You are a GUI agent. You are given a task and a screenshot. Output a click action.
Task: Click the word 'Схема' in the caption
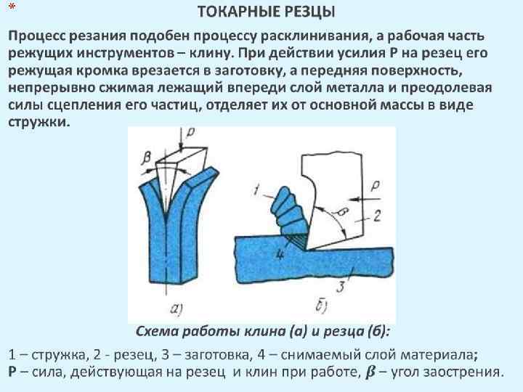tap(158, 332)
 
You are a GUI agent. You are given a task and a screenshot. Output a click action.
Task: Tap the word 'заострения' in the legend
tap(465, 372)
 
